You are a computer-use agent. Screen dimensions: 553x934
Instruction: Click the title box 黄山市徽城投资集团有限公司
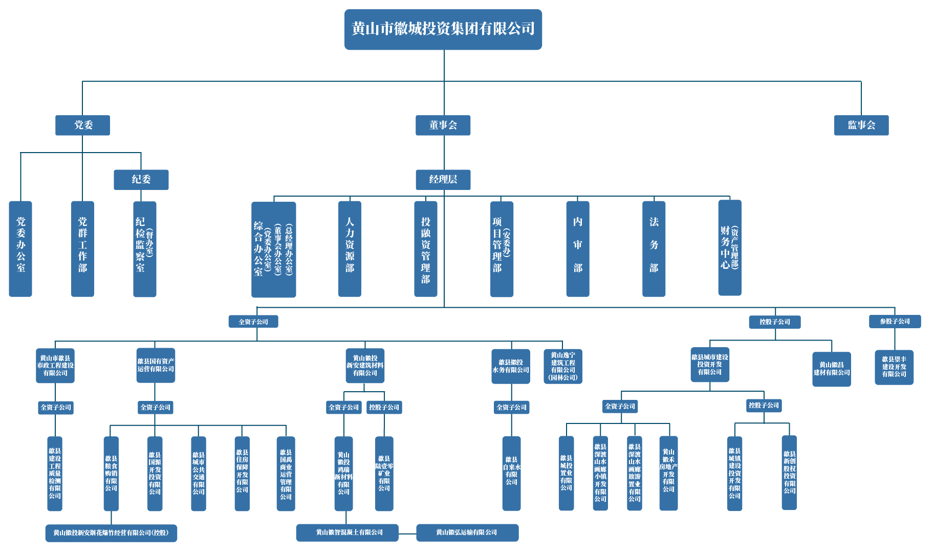pos(443,29)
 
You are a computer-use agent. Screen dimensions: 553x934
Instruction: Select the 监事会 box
pos(861,125)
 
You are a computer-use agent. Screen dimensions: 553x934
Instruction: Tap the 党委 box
pos(82,125)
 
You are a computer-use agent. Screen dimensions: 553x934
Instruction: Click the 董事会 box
pos(443,125)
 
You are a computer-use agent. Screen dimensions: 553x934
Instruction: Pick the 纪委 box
pos(141,179)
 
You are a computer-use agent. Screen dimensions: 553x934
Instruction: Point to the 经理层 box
pos(443,179)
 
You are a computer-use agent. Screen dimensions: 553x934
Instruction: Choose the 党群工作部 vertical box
pos(82,248)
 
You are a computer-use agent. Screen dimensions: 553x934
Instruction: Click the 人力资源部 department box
pos(350,248)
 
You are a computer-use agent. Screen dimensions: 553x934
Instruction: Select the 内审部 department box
pos(577,248)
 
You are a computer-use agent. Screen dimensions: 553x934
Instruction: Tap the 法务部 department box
pos(654,248)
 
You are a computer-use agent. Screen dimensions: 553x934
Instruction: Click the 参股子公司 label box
pos(895,322)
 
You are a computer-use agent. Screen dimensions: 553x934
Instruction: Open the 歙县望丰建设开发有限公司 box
pos(894,367)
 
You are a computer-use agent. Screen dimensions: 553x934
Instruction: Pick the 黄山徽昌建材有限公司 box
pos(831,369)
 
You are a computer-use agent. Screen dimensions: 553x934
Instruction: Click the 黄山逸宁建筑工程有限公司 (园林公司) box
pos(562,366)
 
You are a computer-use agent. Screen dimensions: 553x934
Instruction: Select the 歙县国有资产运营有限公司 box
pos(156,365)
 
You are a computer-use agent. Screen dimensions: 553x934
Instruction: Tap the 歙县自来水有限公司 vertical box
pos(511,473)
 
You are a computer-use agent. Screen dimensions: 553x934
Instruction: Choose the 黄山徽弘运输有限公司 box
pos(467,533)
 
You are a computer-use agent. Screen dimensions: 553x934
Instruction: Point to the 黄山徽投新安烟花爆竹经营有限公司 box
pos(111,533)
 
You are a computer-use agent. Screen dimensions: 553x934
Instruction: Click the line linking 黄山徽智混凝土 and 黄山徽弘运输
pos(407,533)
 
